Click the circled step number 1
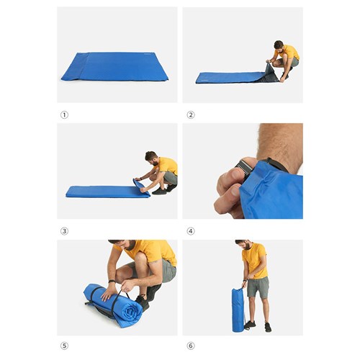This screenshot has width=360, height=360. tap(64, 114)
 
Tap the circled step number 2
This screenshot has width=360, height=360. tap(190, 114)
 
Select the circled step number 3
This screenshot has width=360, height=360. tap(64, 230)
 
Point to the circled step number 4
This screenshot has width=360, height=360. tap(190, 230)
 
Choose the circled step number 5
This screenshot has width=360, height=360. tap(64, 346)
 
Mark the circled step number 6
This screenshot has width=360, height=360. tap(190, 346)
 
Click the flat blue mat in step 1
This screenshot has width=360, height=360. tap(115, 67)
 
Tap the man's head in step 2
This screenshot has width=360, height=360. tap(279, 46)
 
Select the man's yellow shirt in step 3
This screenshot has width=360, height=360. tap(167, 166)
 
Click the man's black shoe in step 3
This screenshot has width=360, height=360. tap(159, 191)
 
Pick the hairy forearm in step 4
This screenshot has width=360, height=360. tap(277, 140)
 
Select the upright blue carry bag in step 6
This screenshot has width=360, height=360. tap(238, 310)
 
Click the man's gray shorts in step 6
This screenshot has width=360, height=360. tap(257, 287)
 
